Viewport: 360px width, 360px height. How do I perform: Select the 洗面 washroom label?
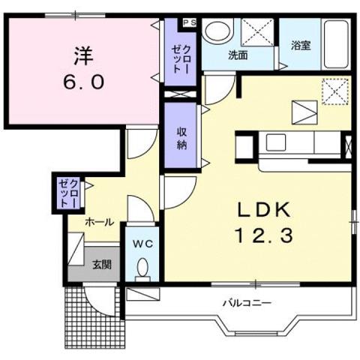238,55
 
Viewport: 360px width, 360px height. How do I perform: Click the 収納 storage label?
181,136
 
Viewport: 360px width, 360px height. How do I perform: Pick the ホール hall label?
99,222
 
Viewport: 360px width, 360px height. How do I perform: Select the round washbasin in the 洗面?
217,32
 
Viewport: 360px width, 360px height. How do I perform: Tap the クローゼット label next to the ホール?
67,193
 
